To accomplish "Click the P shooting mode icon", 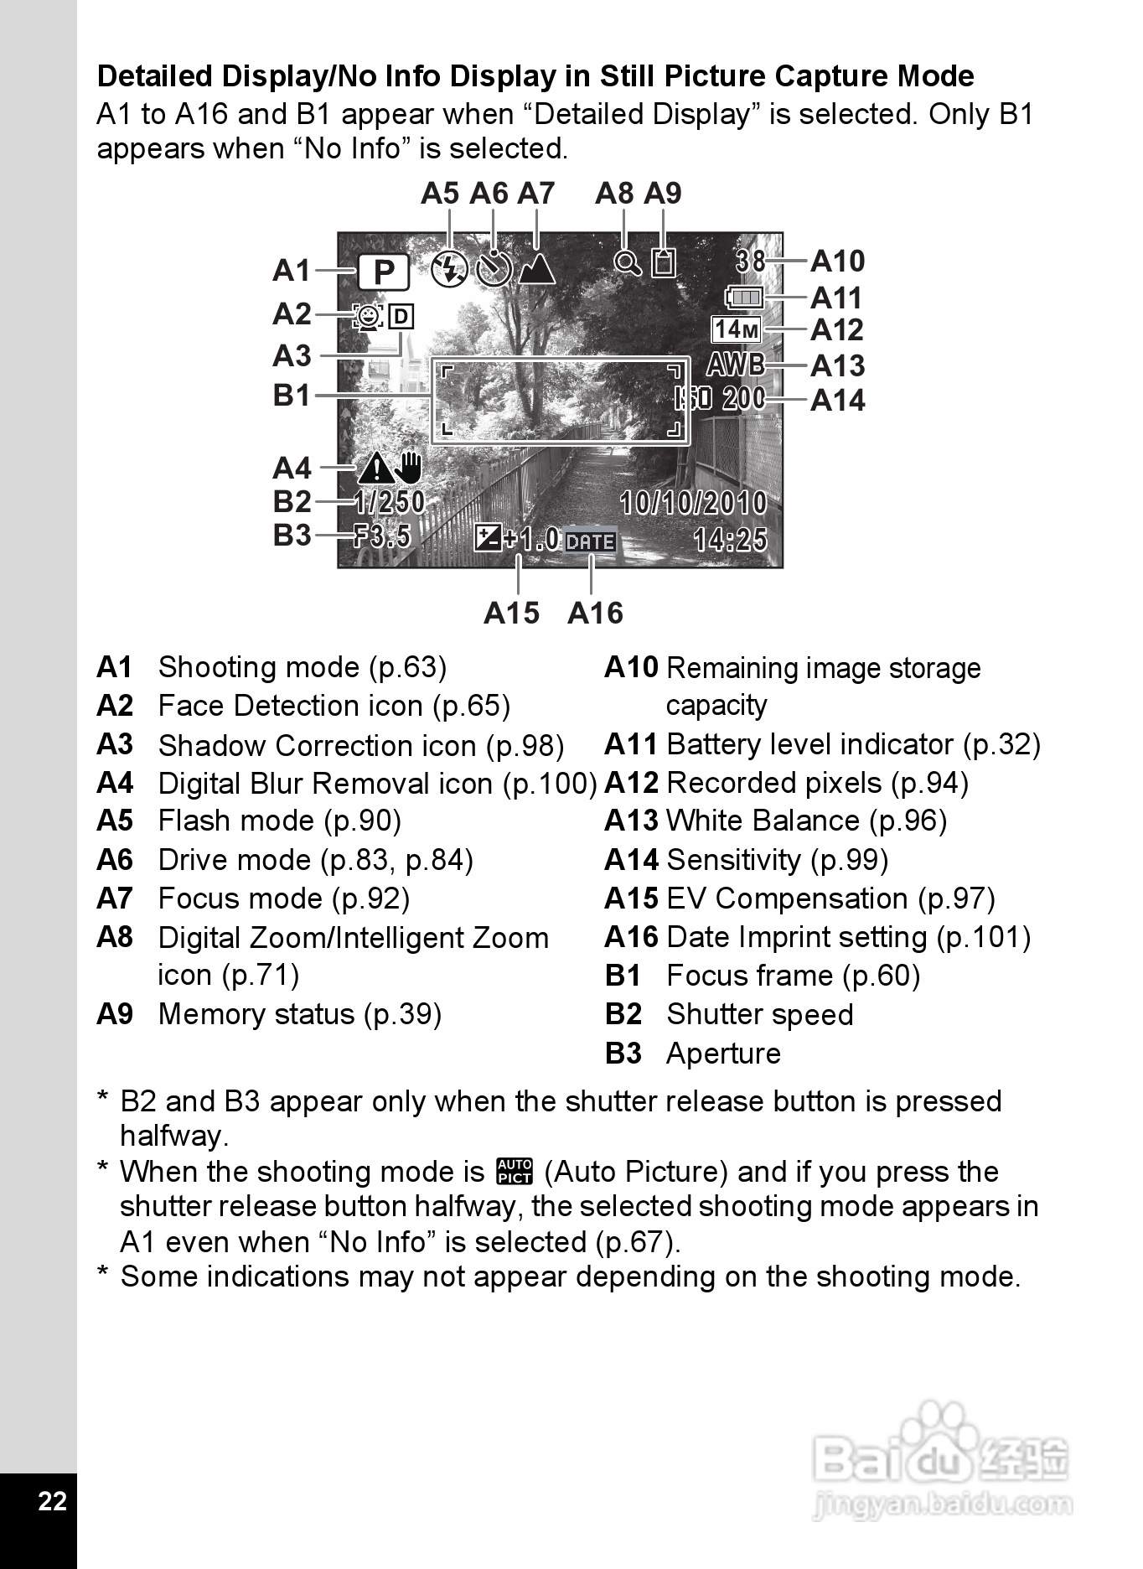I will [384, 272].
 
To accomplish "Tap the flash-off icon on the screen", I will [449, 268].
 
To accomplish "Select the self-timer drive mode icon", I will [494, 268].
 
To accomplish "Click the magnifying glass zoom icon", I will [627, 263].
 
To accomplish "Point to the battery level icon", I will [744, 297].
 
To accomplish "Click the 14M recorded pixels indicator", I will [737, 330].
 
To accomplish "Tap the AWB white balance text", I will [735, 365].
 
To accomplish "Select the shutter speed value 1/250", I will [390, 502].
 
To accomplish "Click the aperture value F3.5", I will [382, 536].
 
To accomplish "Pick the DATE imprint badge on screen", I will [591, 541].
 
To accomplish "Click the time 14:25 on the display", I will [730, 539].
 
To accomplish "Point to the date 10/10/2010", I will [693, 503].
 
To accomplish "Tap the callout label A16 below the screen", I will [595, 613].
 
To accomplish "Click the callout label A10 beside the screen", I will [837, 261].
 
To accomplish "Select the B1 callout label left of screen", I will [292, 395].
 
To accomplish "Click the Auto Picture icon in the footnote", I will [515, 1171].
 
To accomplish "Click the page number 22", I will [52, 1500].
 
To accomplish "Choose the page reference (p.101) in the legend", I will [983, 937].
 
